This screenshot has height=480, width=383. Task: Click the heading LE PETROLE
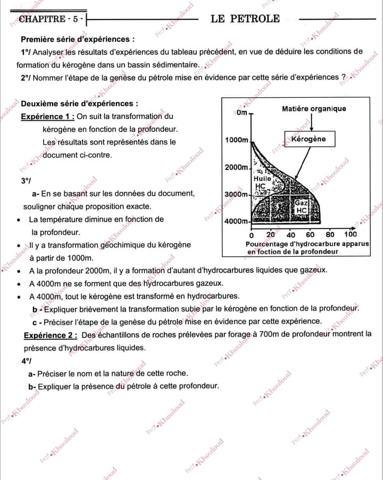coord(245,19)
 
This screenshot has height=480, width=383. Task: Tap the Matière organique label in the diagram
coord(313,108)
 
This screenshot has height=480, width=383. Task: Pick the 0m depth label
coord(242,113)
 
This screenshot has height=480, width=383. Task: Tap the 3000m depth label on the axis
coord(237,195)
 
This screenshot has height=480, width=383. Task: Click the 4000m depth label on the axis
coord(237,221)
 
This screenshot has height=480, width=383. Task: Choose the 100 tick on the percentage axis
coord(351,234)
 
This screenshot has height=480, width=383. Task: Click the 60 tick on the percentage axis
coord(311,234)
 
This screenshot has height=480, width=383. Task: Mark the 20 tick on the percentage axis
coord(270,234)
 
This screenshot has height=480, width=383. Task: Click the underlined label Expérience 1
coord(47,116)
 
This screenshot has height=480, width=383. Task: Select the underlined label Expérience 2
coord(51,335)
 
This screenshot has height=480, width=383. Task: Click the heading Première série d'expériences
coord(77,39)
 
